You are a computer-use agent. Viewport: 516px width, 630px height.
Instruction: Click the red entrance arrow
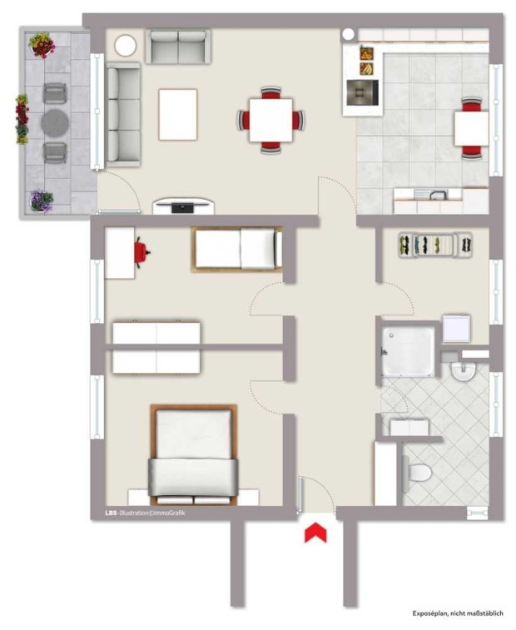315,533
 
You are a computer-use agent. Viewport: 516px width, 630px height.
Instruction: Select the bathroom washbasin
463,370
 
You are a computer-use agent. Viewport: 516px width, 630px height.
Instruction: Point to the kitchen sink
432,195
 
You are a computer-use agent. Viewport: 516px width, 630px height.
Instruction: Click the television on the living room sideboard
183,207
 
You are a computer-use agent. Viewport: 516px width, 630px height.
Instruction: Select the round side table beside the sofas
126,46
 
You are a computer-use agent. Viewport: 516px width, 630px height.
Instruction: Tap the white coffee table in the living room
178,115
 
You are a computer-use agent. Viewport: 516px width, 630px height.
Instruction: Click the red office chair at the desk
141,252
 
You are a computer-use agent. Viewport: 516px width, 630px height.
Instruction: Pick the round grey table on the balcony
55,123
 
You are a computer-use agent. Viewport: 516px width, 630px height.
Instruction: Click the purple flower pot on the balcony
42,201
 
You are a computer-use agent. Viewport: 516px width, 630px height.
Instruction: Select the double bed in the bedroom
194,455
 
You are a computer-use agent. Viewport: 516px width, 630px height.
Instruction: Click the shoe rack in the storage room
435,245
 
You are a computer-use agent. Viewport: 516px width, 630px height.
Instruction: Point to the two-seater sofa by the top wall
178,47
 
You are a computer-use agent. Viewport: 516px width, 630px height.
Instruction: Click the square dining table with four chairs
270,120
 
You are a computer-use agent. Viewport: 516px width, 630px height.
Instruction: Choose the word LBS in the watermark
109,513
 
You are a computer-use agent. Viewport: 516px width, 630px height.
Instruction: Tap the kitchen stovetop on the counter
363,92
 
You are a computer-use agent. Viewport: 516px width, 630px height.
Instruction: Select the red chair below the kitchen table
471,151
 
